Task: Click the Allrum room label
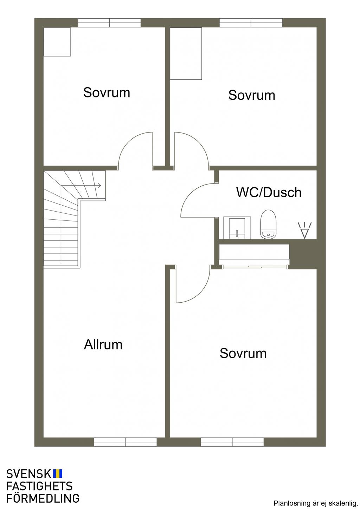tap(103, 344)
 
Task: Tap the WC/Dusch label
tap(269, 192)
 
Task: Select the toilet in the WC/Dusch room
tap(268, 224)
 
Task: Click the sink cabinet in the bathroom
tap(237, 228)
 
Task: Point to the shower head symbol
tap(304, 230)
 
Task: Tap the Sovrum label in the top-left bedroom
tap(107, 92)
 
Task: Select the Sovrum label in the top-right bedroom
tap(252, 95)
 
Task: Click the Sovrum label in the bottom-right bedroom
tap(243, 353)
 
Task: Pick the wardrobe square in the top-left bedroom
tap(57, 42)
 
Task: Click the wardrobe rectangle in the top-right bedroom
tap(186, 54)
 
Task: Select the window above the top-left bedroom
tap(110, 23)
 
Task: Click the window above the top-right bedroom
tap(251, 23)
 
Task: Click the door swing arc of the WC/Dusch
tap(191, 193)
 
